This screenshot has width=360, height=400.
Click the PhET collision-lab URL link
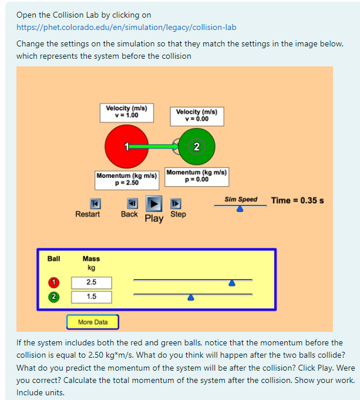click(126, 27)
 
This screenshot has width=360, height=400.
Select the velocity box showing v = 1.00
click(126, 112)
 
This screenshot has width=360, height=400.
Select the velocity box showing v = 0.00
click(196, 115)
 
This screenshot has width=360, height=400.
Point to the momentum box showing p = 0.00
click(197, 176)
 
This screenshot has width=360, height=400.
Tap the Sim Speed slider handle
click(240, 209)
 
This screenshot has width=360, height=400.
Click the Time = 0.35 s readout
click(298, 200)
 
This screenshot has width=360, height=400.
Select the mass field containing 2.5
click(91, 283)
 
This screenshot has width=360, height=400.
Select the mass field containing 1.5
click(91, 297)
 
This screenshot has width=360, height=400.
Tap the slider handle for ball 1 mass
click(232, 283)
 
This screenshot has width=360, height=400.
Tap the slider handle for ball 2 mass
click(190, 297)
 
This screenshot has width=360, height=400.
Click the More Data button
click(93, 322)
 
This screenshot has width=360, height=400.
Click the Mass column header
click(91, 258)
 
